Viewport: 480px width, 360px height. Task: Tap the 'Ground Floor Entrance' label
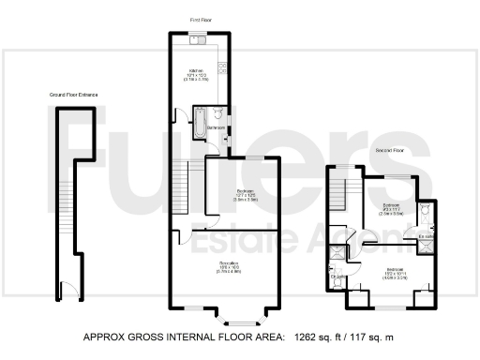point(74,95)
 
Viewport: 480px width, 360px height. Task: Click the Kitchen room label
point(196,70)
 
